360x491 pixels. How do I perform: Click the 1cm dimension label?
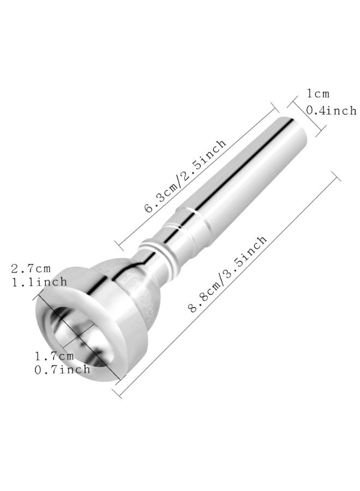tap(319, 94)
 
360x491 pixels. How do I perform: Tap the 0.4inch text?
tap(331, 110)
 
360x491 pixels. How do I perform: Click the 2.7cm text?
tap(31, 268)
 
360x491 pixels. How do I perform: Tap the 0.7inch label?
tap(63, 369)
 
